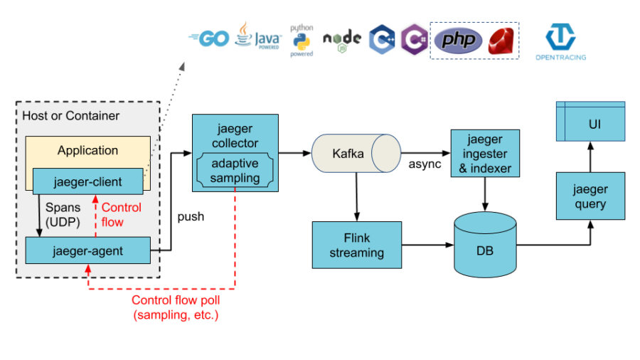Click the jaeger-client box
(x=87, y=181)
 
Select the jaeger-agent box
(x=87, y=250)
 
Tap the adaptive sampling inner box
(x=235, y=171)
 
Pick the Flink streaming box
(x=357, y=245)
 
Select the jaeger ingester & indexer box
(x=485, y=153)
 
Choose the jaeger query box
(x=590, y=196)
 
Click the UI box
(x=590, y=122)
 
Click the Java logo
(x=257, y=36)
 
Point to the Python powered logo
(x=302, y=40)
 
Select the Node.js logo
(x=342, y=40)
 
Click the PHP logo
(x=458, y=41)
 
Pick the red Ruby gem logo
(x=501, y=41)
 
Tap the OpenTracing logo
(x=560, y=41)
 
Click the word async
(x=424, y=164)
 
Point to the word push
(x=191, y=216)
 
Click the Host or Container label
(x=71, y=115)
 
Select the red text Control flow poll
(x=175, y=300)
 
